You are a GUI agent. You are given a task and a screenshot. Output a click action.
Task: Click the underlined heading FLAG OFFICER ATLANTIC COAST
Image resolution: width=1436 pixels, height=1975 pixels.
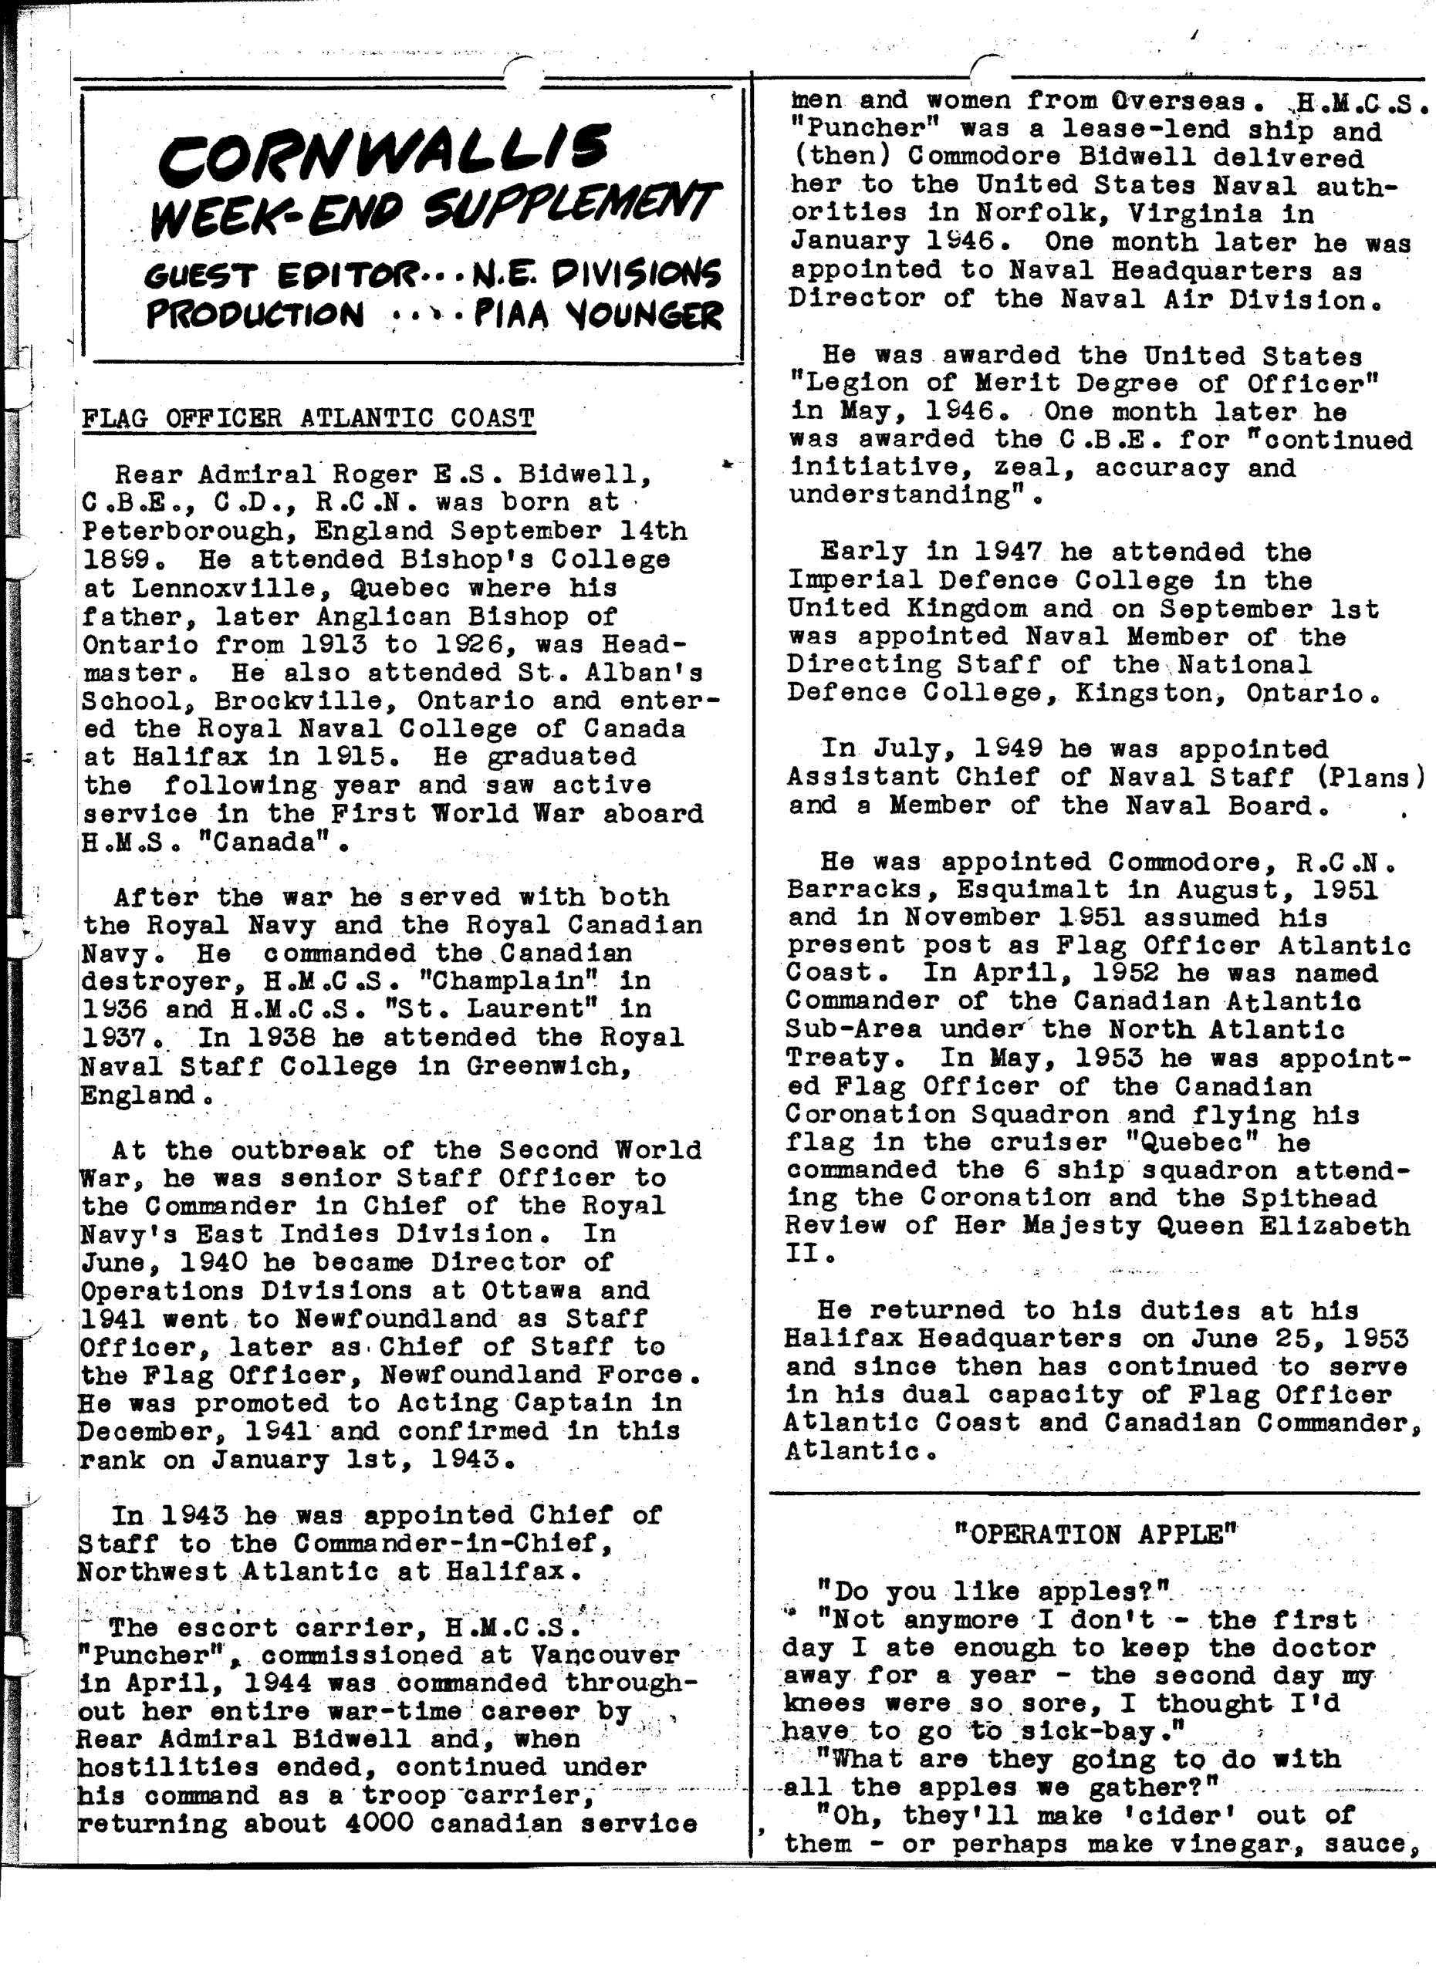point(307,419)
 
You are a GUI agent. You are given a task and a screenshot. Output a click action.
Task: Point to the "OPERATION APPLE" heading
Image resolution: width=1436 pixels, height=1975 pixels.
point(1096,1534)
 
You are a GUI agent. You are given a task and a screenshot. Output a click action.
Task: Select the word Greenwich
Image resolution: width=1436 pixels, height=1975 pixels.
point(548,1066)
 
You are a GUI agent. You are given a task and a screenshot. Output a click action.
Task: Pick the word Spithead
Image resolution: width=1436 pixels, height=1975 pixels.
point(1309,1198)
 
